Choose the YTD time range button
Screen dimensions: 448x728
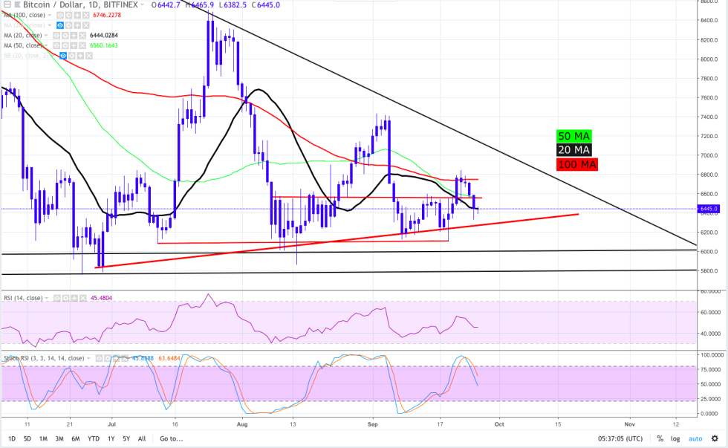[94, 438]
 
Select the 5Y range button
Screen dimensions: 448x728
[127, 438]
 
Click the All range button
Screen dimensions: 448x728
[142, 438]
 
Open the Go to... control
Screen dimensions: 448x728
[171, 438]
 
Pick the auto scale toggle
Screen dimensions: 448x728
[695, 438]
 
